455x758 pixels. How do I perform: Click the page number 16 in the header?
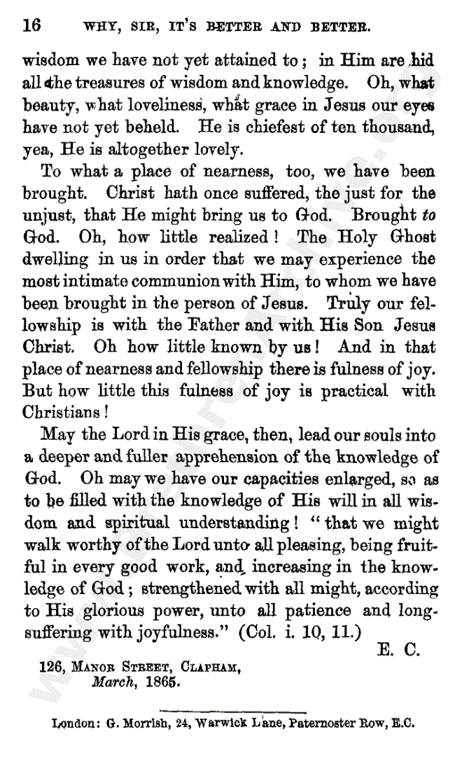pos(31,26)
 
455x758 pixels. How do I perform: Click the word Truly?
pos(348,303)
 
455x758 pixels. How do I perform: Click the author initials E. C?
pos(398,650)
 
